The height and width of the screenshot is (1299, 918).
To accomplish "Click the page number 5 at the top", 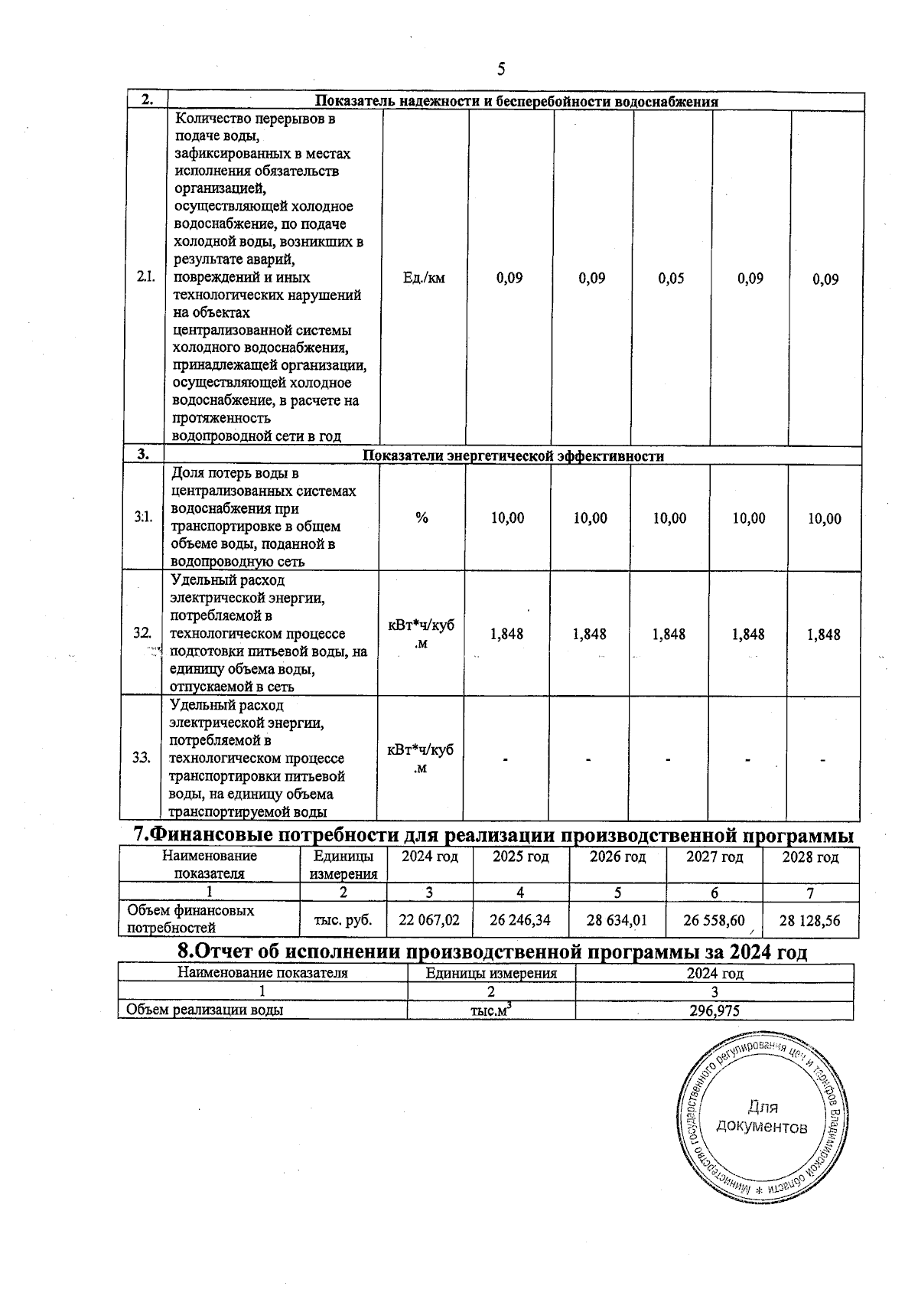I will click(x=501, y=70).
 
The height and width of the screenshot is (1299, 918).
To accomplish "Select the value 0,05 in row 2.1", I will click(x=671, y=279).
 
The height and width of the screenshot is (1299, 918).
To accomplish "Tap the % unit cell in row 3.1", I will click(x=422, y=518).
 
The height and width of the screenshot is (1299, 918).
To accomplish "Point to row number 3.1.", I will click(x=143, y=518).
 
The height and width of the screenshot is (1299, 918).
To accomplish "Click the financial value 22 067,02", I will click(x=429, y=920).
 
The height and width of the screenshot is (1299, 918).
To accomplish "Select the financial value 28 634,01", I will click(x=617, y=920).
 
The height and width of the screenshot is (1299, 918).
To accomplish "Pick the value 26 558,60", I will click(x=714, y=920).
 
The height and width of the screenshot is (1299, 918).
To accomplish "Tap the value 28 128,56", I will click(x=809, y=921).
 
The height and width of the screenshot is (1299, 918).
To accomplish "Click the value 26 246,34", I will click(x=520, y=920).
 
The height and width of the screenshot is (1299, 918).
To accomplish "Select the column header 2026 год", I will click(x=617, y=857).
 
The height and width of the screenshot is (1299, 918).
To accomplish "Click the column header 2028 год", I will click(x=810, y=857).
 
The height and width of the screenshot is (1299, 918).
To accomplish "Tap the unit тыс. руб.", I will click(x=343, y=920).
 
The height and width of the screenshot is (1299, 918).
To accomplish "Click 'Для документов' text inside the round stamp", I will click(x=762, y=1118).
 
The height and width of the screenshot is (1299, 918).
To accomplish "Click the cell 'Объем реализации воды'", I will click(x=205, y=1010).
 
